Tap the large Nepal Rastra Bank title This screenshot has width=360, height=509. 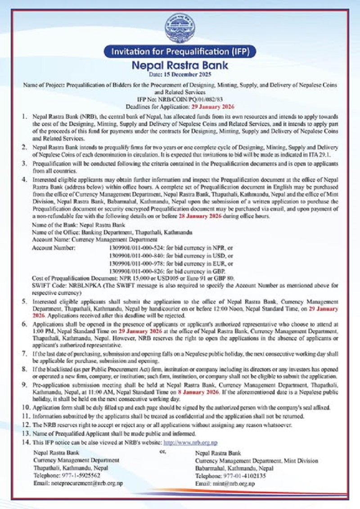[180, 65]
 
